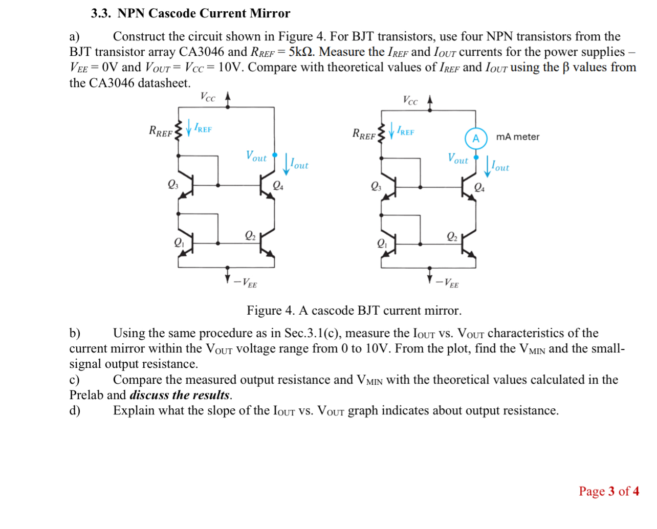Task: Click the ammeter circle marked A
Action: tap(475, 138)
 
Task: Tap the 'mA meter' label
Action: tap(517, 137)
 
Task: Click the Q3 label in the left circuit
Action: tap(173, 184)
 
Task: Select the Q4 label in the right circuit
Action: tap(479, 187)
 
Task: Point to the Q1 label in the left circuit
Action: tap(179, 242)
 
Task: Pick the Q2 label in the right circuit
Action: tap(452, 236)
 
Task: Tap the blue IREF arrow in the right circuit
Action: tap(392, 130)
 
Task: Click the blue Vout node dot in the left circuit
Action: tap(275, 155)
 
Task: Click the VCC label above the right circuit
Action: tap(410, 100)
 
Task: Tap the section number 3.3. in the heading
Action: tap(101, 13)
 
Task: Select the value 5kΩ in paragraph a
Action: tap(301, 52)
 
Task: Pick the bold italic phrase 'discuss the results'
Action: tap(180, 395)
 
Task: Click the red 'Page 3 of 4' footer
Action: tap(608, 491)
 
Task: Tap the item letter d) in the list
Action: tap(75, 410)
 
